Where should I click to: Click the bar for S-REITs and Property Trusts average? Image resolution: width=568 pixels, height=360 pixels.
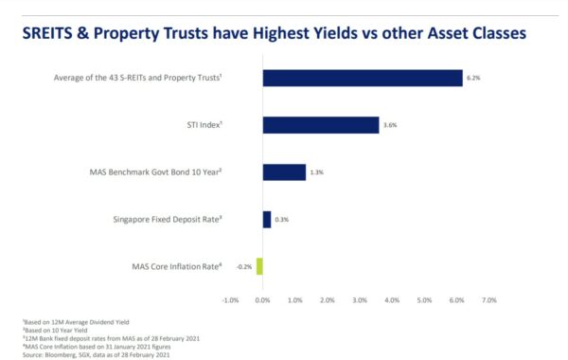[363, 78]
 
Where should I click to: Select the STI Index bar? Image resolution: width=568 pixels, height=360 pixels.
[321, 125]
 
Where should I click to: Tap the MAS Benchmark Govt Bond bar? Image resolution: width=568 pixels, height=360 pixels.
[284, 172]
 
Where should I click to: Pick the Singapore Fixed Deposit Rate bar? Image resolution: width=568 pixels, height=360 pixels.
[267, 220]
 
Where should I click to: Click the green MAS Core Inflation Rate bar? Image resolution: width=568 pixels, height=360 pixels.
[259, 266]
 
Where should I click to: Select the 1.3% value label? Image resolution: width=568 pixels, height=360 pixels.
[319, 173]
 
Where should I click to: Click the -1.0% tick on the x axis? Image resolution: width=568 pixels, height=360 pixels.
[229, 299]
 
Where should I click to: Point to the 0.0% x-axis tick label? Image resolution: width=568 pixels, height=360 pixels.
[263, 299]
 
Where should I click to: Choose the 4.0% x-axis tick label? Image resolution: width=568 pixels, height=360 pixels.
[393, 299]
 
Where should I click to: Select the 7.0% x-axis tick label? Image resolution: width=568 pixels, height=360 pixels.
[489, 299]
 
